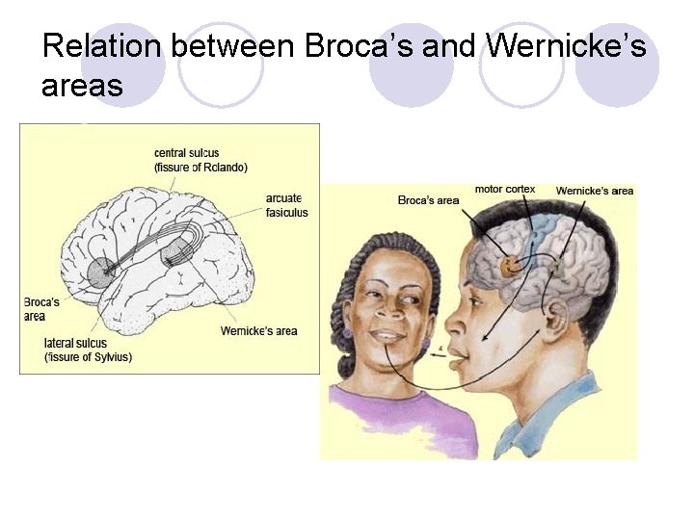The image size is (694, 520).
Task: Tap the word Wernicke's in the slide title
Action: coord(566,45)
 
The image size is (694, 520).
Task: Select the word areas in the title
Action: coord(82,87)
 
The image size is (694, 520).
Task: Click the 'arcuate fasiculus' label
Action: coord(287,205)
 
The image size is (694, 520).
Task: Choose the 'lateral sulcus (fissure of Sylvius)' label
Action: coord(88,350)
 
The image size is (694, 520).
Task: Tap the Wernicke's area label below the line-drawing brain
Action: coord(258,331)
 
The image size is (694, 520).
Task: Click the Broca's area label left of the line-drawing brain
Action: coord(41,309)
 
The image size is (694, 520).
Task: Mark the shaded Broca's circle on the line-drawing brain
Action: coord(101,272)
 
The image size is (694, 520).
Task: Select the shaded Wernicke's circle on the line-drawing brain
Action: coord(175,254)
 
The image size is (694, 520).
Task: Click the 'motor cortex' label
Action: coord(504,189)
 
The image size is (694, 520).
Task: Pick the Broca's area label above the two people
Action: coord(428,200)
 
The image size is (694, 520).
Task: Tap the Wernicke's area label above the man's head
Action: coord(594,191)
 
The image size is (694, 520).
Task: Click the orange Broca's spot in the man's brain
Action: coord(509,267)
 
